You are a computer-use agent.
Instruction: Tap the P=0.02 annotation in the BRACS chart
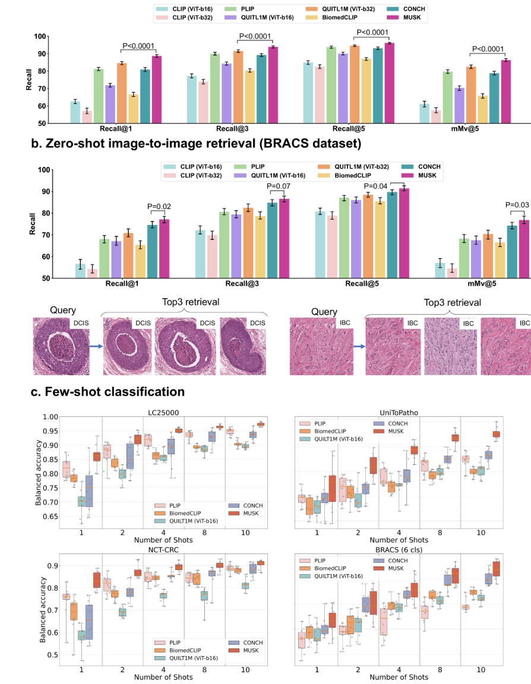tap(159, 207)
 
